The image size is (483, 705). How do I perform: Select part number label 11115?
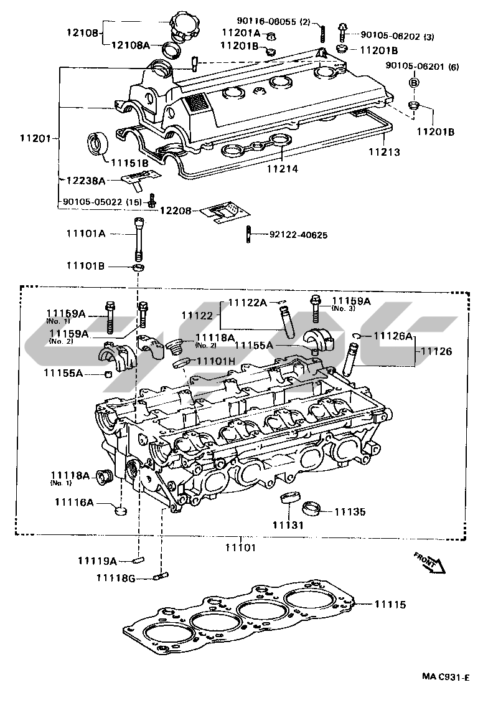click(x=390, y=604)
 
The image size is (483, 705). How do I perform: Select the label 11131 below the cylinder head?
click(x=287, y=525)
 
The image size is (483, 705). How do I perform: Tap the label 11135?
click(x=350, y=512)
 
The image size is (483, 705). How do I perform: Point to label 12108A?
click(x=131, y=45)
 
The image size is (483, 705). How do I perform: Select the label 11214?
click(x=283, y=168)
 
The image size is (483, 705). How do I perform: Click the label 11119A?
click(x=97, y=561)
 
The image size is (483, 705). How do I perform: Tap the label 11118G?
click(x=115, y=578)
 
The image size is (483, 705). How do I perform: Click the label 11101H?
click(x=216, y=361)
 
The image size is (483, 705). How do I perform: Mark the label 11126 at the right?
click(x=436, y=351)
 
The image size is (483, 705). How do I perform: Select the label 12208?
click(x=177, y=211)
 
